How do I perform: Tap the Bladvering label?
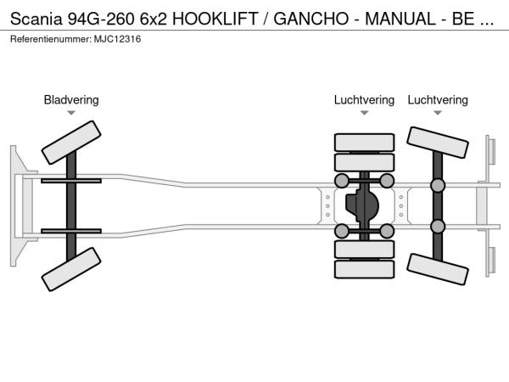click(71, 100)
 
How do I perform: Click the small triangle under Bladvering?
click(71, 113)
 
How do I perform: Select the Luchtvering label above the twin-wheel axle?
click(364, 100)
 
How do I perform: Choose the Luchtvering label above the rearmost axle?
click(438, 100)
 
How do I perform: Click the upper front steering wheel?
click(71, 142)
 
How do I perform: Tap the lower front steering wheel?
click(71, 269)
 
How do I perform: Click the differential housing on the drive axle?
click(364, 206)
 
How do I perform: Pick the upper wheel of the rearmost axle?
click(438, 142)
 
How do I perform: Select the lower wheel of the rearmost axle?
click(438, 269)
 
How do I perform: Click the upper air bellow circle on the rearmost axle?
click(438, 185)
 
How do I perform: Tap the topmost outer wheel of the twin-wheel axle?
click(364, 142)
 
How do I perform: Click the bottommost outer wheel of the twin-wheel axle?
click(364, 269)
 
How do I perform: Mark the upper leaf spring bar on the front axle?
click(71, 181)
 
